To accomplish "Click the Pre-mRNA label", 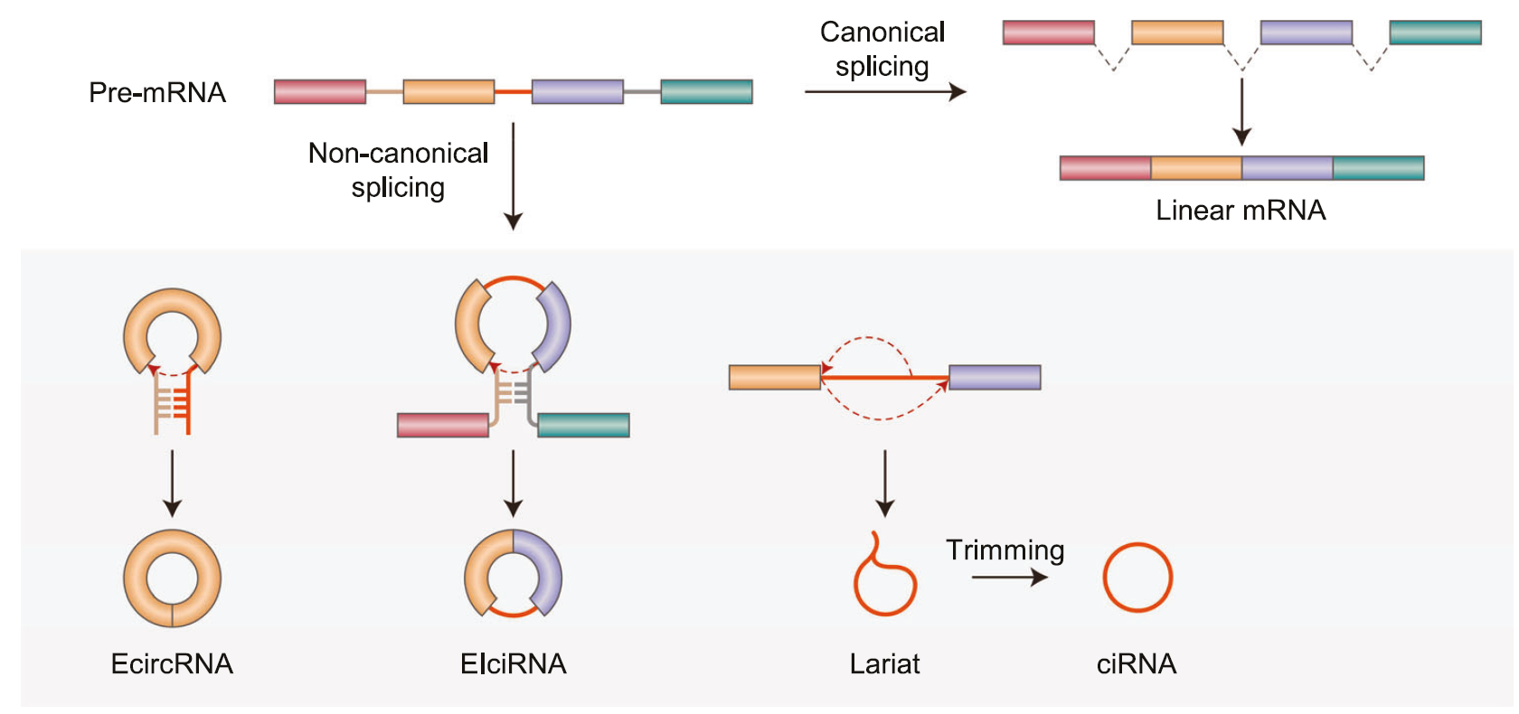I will (x=157, y=92).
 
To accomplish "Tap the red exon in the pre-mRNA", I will (x=320, y=91).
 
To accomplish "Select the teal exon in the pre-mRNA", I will (x=706, y=91).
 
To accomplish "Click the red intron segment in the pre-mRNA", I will (x=513, y=91).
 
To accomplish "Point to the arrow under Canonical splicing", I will (x=884, y=91).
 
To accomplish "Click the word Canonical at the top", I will (x=882, y=32).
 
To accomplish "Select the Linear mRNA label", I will (x=1241, y=211).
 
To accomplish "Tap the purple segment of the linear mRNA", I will (x=1287, y=168).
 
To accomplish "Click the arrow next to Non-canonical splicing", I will (x=513, y=176).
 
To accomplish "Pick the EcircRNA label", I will (x=172, y=664).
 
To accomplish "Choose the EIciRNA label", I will (x=513, y=664).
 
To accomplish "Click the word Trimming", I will (x=1005, y=550).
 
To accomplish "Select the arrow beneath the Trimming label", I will (x=1009, y=577).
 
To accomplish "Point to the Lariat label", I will (x=884, y=664).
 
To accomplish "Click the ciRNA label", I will (x=1137, y=664).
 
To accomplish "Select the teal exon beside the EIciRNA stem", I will (x=583, y=425).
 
